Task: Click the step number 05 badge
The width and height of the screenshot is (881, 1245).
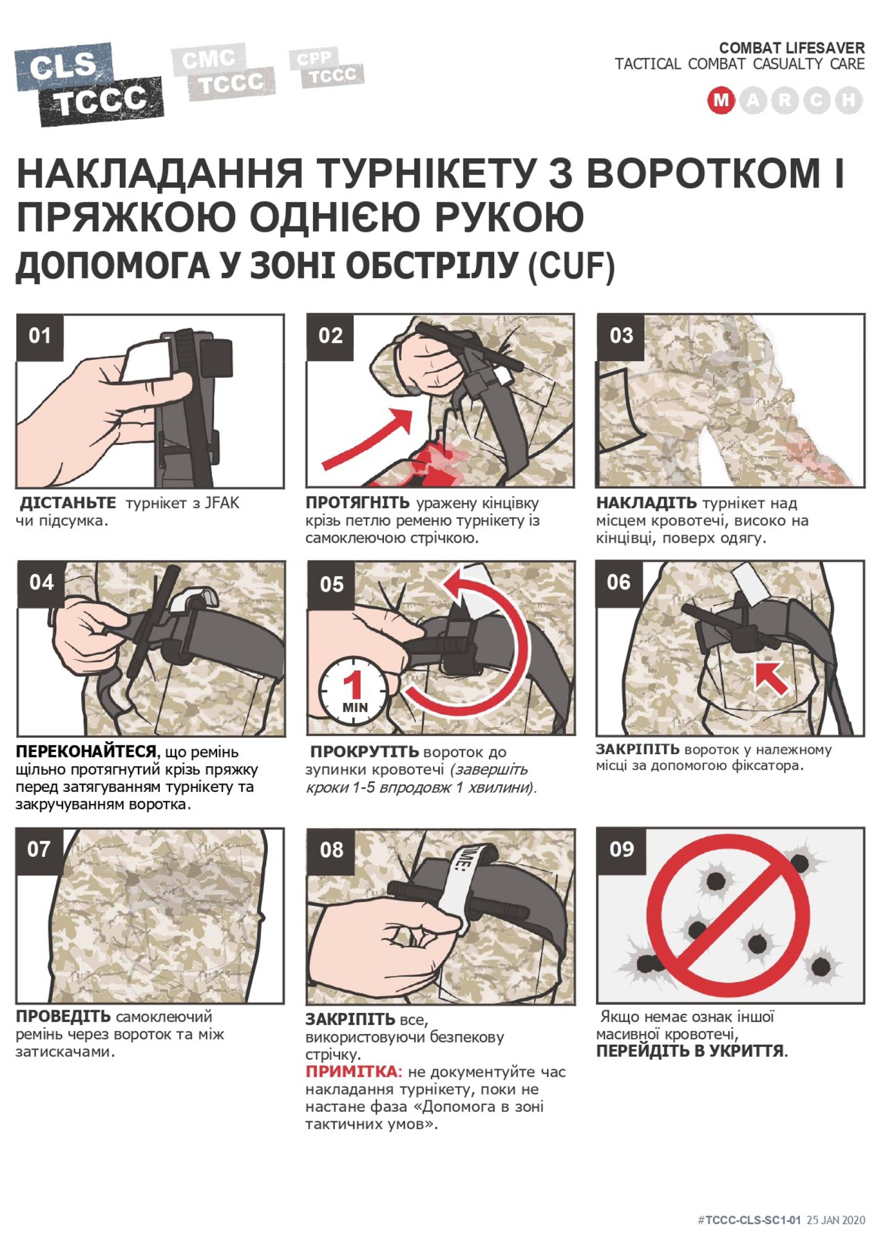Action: (331, 584)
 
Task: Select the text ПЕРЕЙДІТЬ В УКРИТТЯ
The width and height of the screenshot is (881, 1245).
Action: (692, 1052)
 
